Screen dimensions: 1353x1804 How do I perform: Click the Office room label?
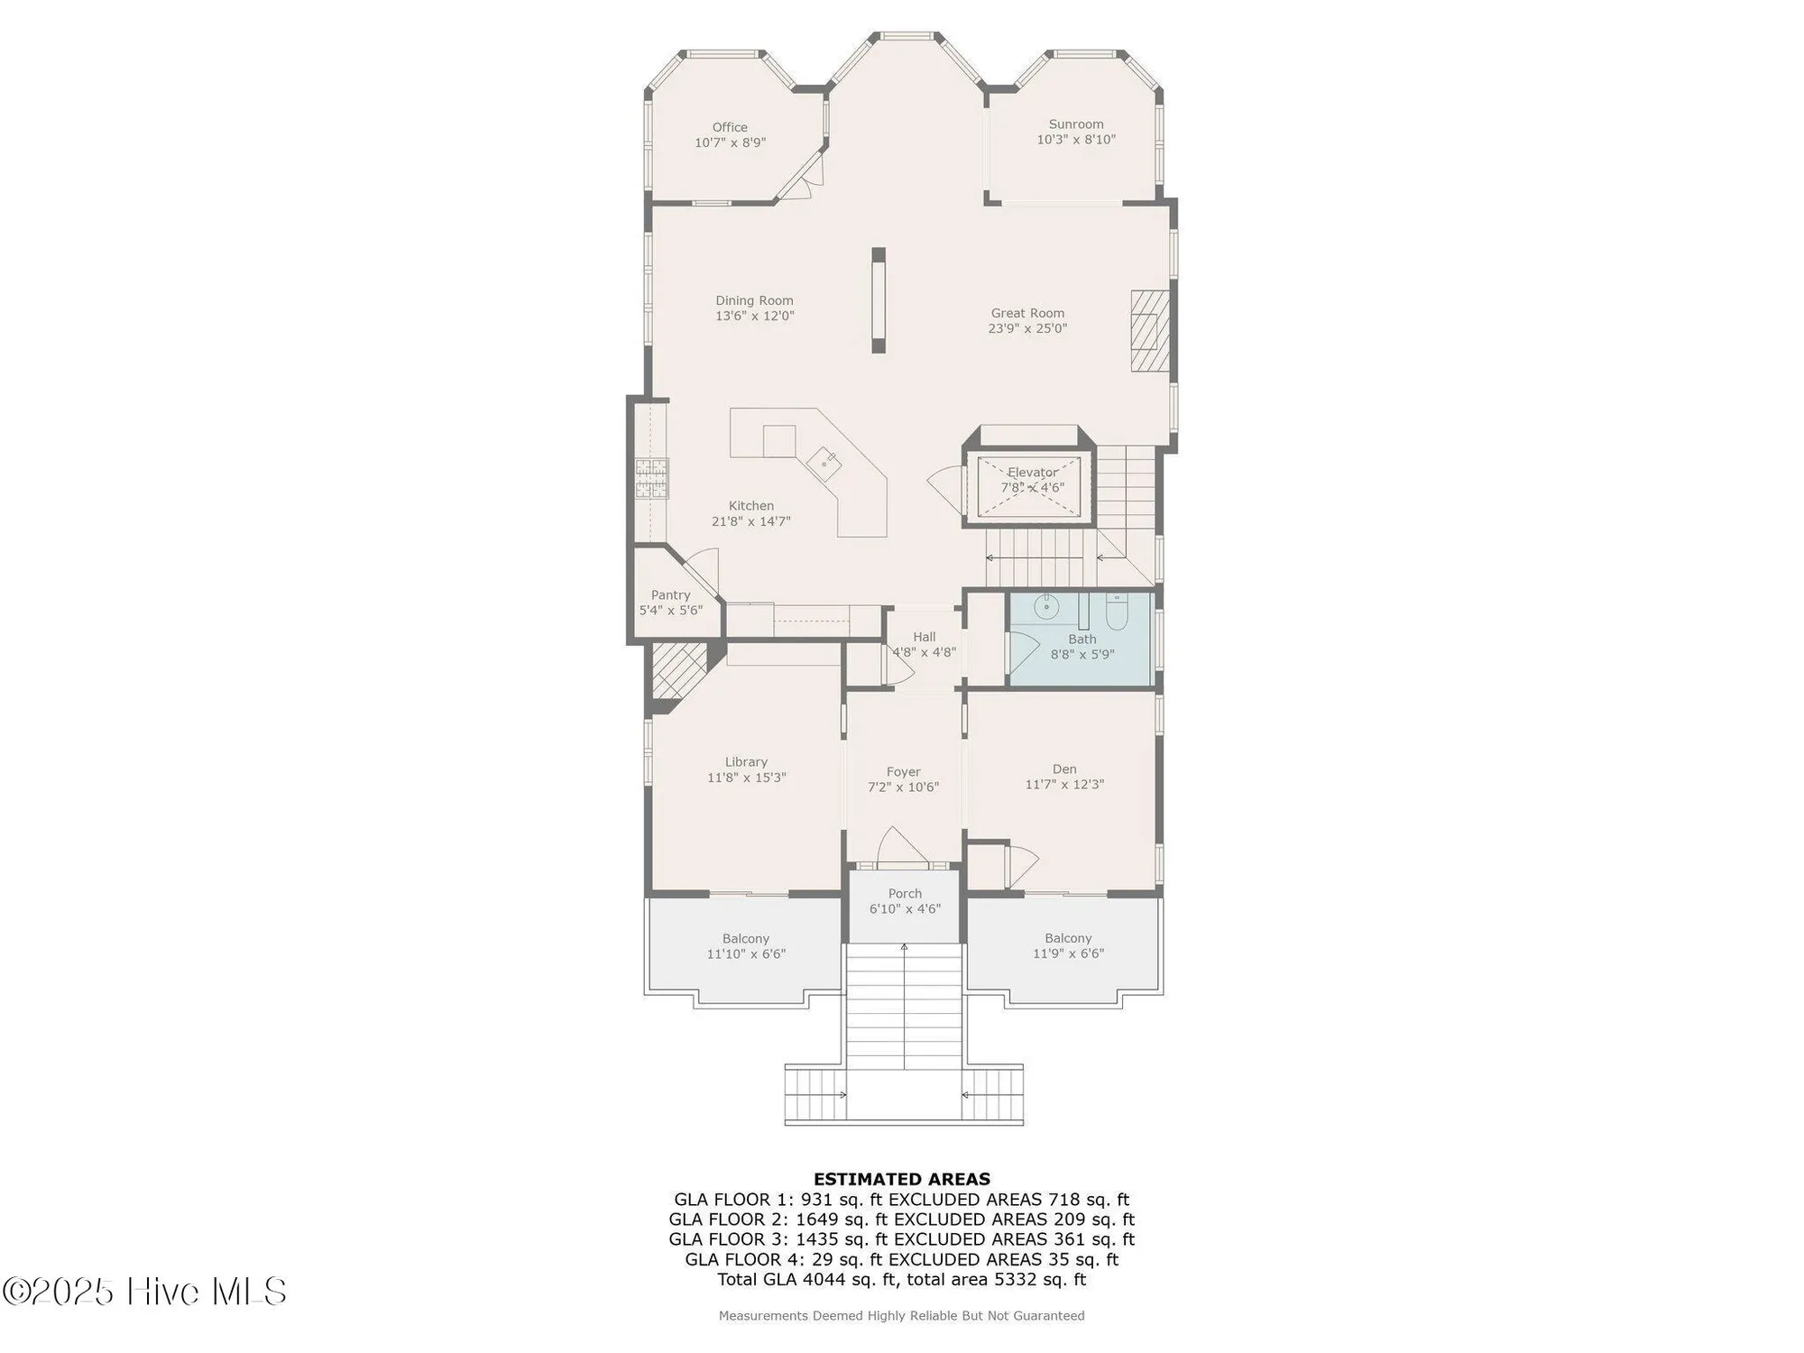coord(730,127)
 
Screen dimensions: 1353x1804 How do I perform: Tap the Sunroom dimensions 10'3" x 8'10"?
coord(1076,140)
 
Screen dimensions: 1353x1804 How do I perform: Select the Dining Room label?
coord(754,300)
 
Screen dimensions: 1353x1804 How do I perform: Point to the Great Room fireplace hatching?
coord(1150,331)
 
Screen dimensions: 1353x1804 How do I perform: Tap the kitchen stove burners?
coord(652,478)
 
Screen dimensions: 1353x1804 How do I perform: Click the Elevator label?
coord(1032,472)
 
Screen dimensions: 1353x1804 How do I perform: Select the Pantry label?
coord(670,595)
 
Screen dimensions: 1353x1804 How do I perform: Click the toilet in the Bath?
coord(1117,612)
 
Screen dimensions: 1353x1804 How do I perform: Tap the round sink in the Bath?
coord(1045,606)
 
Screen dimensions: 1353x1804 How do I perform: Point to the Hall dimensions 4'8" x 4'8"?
coord(924,652)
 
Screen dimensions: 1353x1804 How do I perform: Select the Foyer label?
coord(903,771)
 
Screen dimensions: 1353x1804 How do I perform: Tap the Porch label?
coord(905,893)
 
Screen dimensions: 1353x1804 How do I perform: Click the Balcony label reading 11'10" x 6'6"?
coord(746,953)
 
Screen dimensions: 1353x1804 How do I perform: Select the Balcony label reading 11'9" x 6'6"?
coord(1068,953)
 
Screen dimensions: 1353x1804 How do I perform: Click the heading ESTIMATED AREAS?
coord(901,1179)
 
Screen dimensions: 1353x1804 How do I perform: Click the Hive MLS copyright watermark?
coord(144,1292)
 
